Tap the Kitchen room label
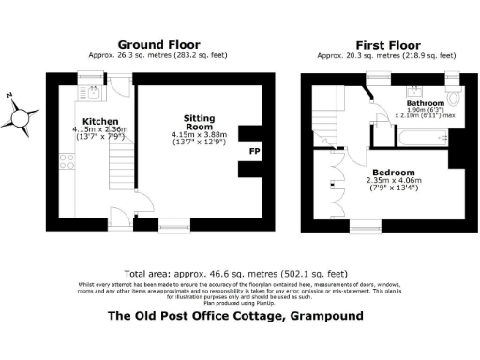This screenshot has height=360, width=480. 99,122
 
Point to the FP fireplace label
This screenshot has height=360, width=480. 253,151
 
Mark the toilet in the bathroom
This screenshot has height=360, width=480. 454,98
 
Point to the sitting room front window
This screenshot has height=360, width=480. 172,223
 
